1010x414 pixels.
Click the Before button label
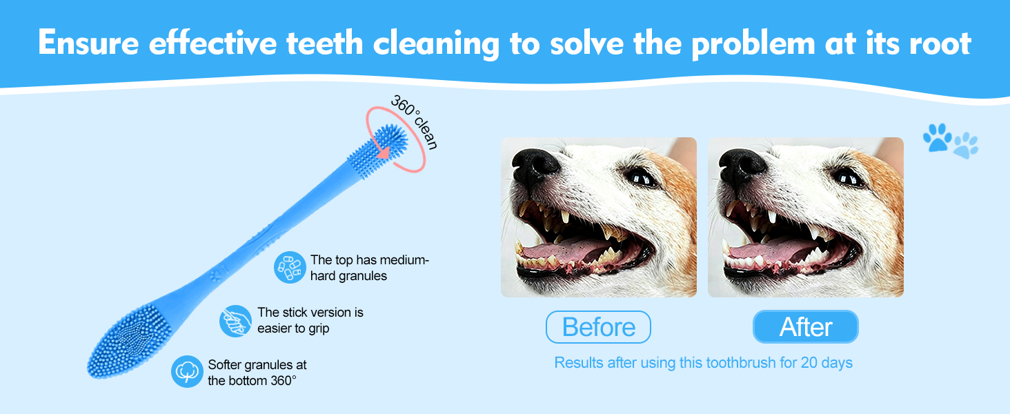point(598,327)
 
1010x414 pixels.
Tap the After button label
point(806,327)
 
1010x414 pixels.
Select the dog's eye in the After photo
point(849,178)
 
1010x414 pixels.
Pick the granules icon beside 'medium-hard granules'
point(290,268)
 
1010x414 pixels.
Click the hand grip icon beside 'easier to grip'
point(235,321)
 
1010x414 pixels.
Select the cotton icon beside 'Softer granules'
point(187,372)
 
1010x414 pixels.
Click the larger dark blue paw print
point(937,137)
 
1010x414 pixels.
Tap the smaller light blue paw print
point(966,145)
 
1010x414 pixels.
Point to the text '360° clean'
point(414,121)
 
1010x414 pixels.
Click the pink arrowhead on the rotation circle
point(384,152)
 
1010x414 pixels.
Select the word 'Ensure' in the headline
point(88,42)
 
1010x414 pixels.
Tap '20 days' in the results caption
point(826,362)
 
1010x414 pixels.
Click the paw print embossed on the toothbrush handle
point(216,275)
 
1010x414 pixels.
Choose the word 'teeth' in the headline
point(325,43)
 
